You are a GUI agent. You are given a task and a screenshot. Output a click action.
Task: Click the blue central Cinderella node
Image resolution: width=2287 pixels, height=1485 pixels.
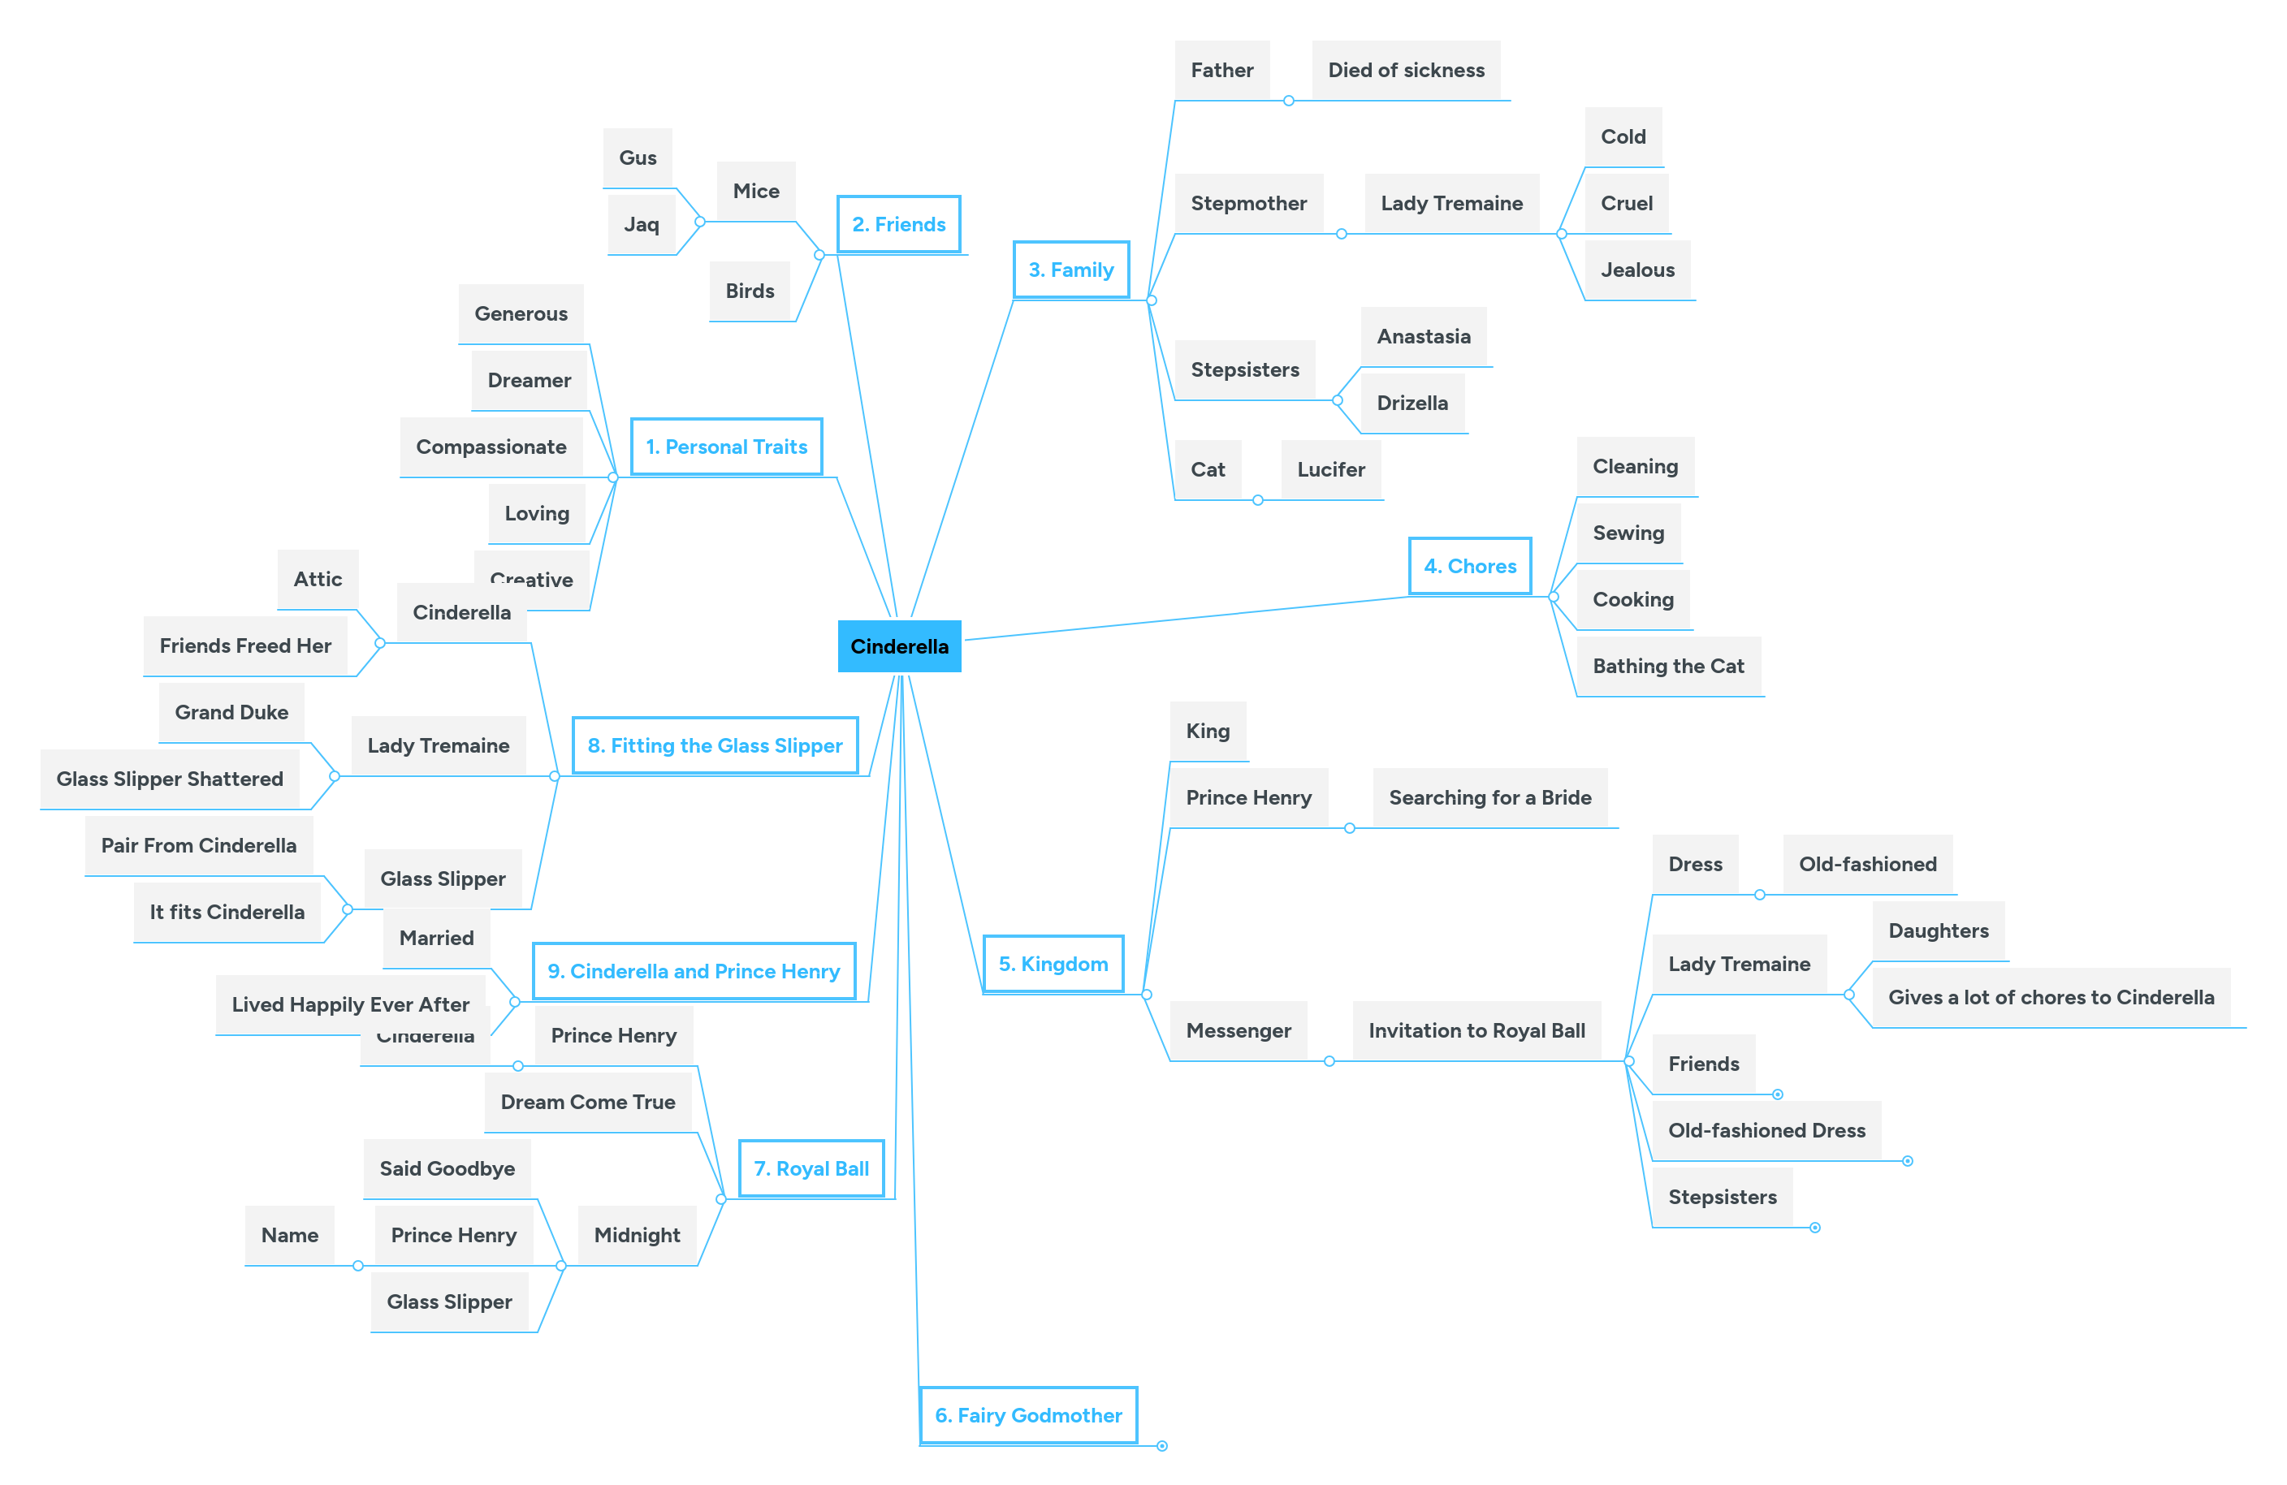click(x=898, y=646)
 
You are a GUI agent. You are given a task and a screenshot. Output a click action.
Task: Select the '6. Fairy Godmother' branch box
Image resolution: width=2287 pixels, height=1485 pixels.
click(x=1027, y=1415)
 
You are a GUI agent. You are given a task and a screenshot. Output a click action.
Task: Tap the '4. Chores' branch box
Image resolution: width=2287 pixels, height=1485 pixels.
click(x=1469, y=566)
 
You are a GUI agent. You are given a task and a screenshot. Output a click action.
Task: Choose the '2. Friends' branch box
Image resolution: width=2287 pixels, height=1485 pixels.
click(x=898, y=224)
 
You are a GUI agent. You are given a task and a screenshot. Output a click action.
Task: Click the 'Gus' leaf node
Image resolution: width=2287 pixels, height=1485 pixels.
click(x=637, y=158)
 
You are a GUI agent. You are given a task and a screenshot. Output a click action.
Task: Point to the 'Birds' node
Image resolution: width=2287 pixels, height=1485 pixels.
click(x=750, y=291)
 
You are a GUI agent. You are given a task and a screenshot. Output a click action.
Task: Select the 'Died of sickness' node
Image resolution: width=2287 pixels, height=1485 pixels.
click(x=1405, y=70)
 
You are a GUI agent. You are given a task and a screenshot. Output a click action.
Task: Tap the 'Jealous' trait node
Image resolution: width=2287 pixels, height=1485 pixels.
click(x=1636, y=270)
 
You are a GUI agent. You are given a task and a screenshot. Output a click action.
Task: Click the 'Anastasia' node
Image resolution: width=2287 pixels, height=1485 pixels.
click(x=1423, y=336)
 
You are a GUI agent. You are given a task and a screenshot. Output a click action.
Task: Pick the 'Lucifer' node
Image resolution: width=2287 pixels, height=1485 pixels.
click(x=1330, y=470)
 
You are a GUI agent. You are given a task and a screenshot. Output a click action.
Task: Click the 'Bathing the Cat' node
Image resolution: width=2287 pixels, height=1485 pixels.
click(x=1667, y=666)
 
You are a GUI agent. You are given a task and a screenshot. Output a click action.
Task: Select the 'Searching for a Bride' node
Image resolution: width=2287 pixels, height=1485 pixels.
click(x=1489, y=797)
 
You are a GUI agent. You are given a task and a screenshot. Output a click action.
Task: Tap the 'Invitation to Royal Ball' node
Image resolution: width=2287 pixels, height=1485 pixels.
click(x=1476, y=1030)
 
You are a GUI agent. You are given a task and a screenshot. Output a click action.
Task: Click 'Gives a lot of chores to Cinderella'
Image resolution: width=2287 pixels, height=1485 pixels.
click(x=2051, y=997)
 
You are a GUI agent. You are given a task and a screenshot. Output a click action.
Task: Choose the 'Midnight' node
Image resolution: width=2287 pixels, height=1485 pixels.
click(x=636, y=1235)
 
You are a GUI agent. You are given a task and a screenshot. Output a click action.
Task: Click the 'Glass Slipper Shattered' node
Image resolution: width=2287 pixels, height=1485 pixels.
click(x=169, y=779)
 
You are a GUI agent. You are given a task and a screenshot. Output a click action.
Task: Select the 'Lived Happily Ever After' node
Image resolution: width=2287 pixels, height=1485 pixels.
click(x=350, y=1004)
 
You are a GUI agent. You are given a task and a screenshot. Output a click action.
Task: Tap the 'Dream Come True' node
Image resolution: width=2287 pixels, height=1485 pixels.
click(x=587, y=1102)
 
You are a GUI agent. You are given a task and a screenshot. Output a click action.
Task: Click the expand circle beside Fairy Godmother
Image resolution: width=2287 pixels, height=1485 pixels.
click(x=1161, y=1445)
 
